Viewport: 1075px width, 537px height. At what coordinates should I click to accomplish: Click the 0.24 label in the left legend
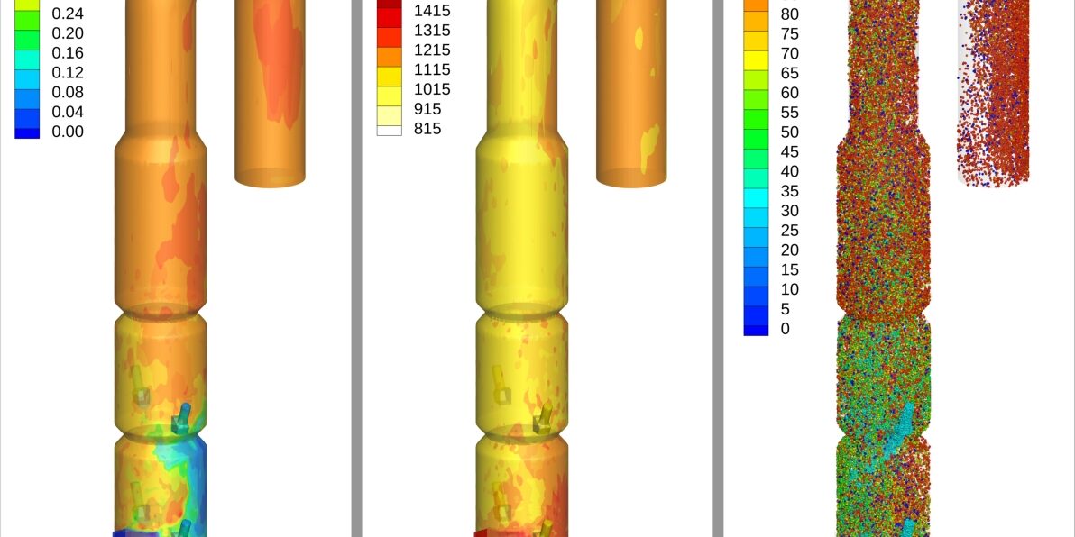(67, 14)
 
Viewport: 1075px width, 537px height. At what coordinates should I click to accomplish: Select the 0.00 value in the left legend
(67, 132)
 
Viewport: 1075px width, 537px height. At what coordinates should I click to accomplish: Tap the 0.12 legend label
(67, 73)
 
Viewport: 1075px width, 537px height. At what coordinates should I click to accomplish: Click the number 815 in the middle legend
(427, 128)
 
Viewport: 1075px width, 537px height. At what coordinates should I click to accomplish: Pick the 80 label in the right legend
(789, 14)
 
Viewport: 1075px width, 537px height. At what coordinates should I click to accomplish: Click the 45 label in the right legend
(789, 152)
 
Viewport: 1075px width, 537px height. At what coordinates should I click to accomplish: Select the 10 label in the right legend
(789, 290)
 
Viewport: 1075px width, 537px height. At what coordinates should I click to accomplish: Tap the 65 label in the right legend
(789, 73)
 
